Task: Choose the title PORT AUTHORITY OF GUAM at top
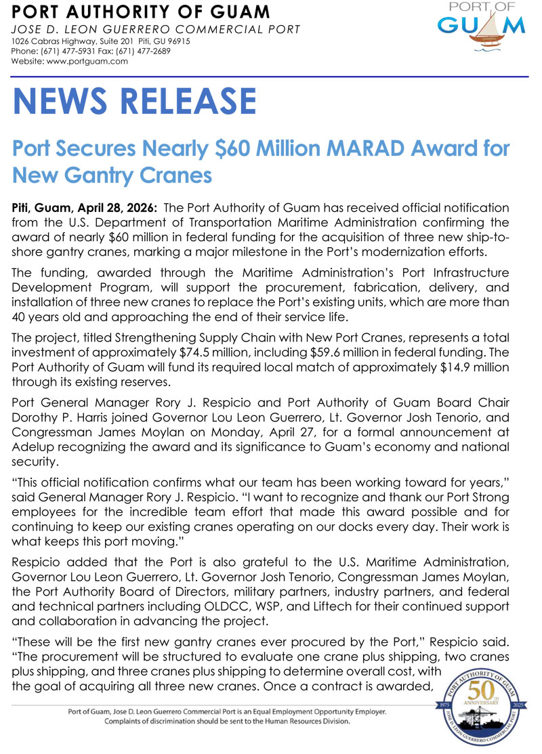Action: [x=141, y=12]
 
